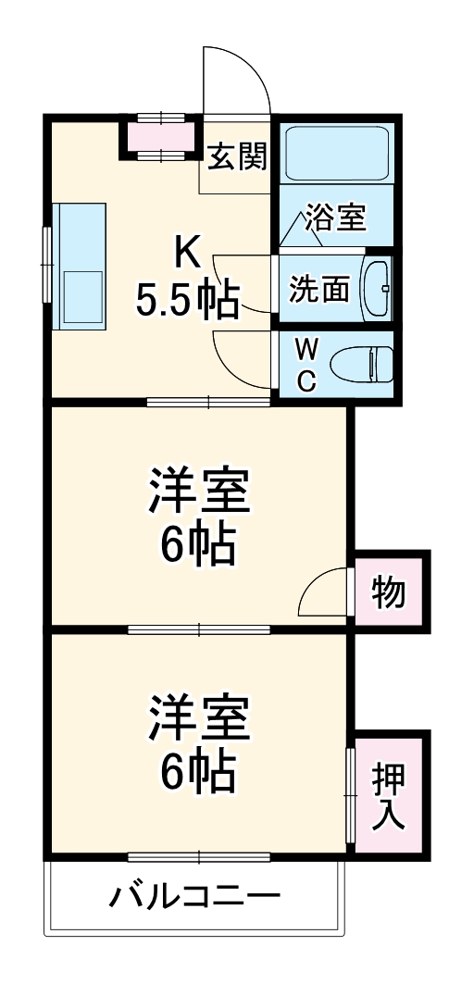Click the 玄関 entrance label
pos(237,158)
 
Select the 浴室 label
pos(336,218)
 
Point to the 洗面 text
pos(318,290)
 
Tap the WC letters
pos(308,364)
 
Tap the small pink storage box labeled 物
pos(390,591)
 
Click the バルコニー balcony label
pos(195,897)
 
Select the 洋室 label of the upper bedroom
pos(199,492)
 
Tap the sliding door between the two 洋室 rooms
pos(199,629)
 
